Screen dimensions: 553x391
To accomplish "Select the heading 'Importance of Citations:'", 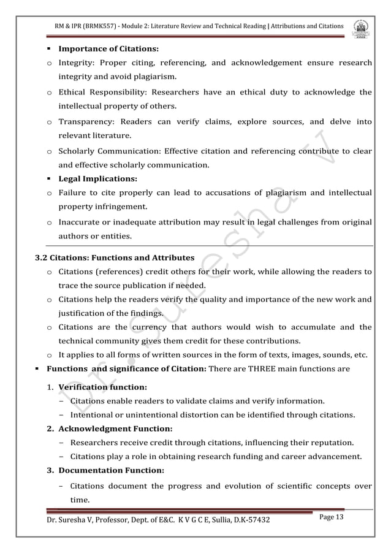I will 108,48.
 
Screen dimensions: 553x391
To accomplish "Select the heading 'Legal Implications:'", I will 97,179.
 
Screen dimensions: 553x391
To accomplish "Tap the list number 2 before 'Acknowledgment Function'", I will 50,429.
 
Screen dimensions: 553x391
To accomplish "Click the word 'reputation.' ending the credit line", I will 331,443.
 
